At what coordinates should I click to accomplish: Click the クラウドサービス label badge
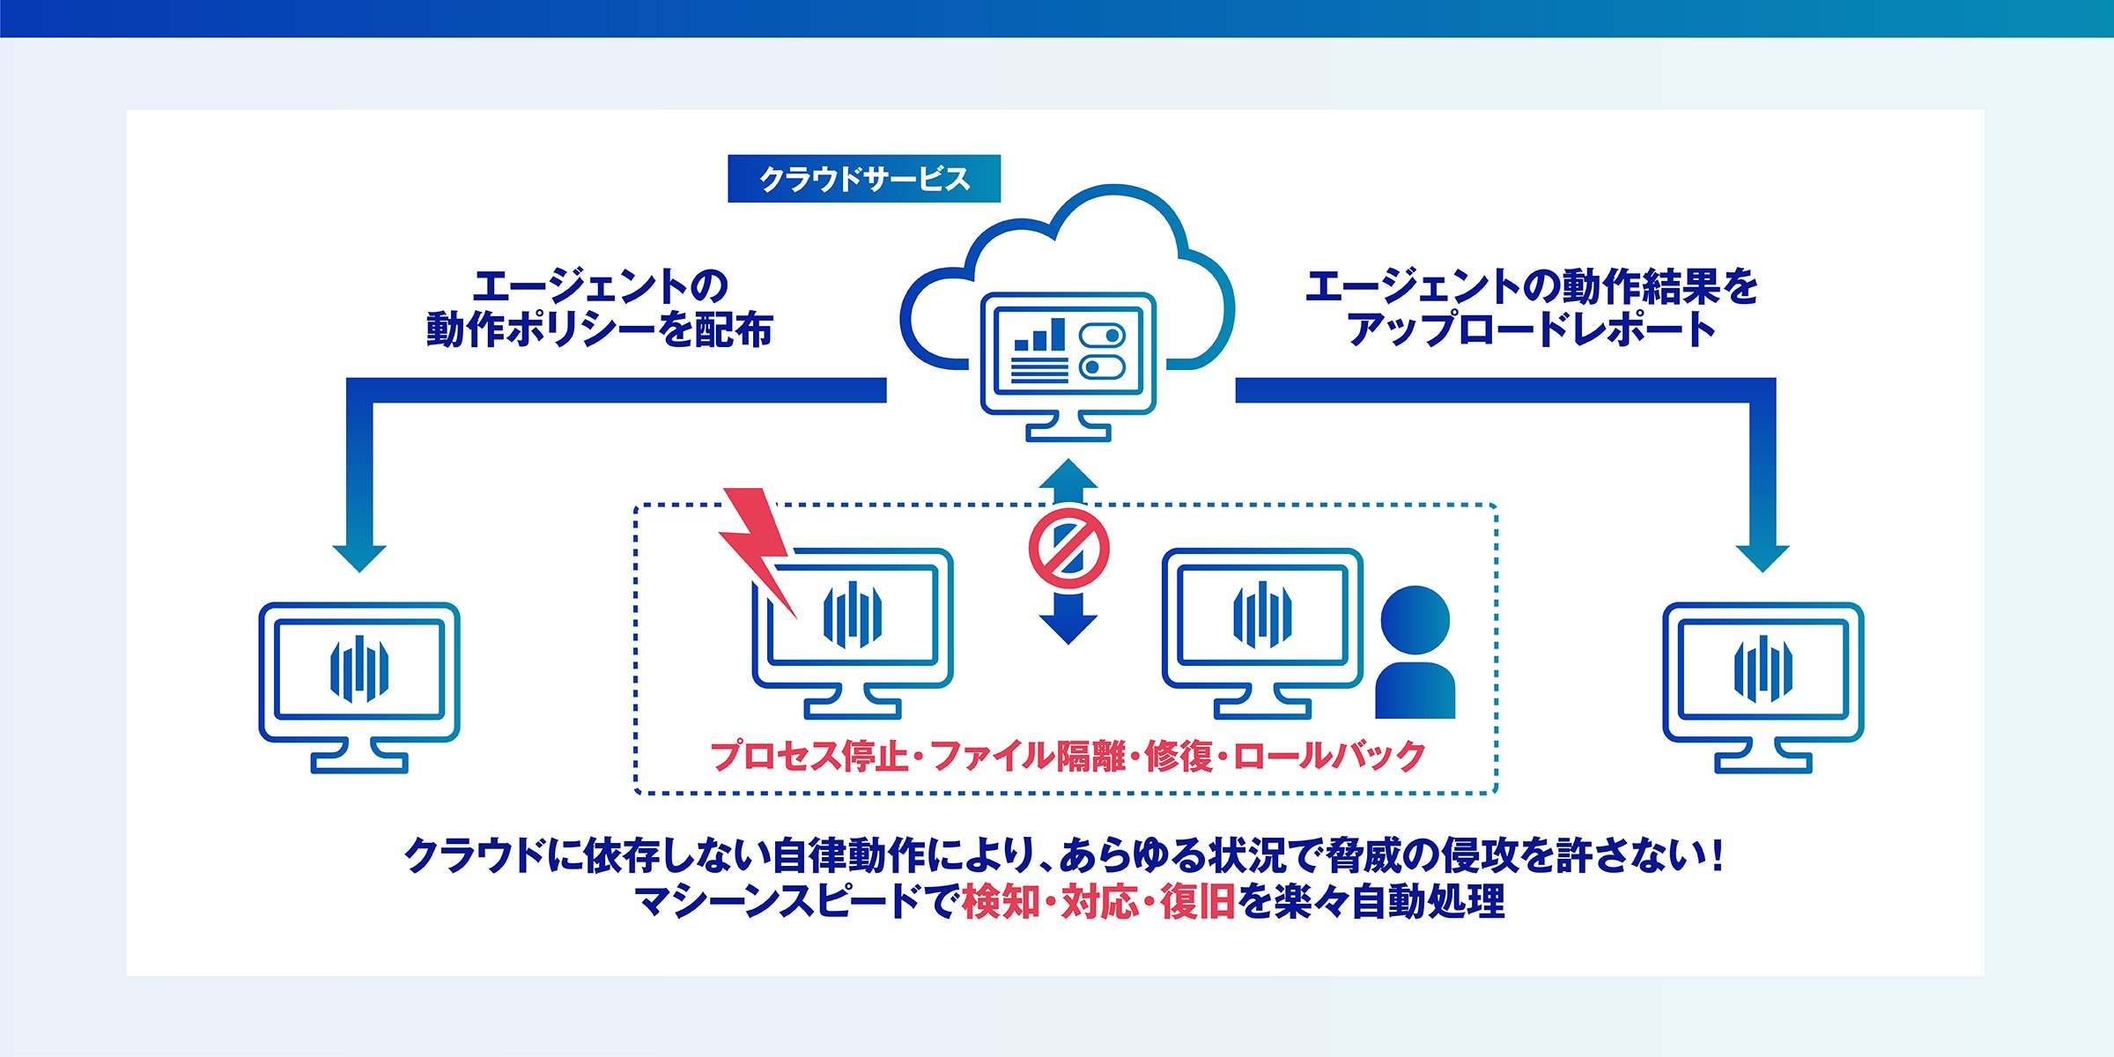click(864, 179)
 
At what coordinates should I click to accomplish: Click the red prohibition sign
click(1068, 548)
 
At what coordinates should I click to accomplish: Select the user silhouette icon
click(1415, 652)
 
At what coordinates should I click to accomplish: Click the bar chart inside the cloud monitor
click(1039, 335)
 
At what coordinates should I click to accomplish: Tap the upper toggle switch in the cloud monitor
click(1102, 336)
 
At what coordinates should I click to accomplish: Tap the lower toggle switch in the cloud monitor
click(1102, 366)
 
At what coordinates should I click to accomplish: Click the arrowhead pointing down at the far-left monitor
click(359, 558)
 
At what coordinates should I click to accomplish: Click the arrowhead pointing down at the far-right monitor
click(1763, 558)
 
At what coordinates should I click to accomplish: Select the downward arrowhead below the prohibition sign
click(1068, 629)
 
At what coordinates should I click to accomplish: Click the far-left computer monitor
click(359, 687)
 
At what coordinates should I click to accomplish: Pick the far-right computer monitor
click(1763, 687)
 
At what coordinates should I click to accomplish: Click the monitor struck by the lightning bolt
click(853, 633)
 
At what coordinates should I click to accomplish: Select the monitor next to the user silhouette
click(1262, 633)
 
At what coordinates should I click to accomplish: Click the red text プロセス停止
click(809, 756)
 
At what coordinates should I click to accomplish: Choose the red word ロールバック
click(1328, 756)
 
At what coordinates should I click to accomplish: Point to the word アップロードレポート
click(1532, 329)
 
